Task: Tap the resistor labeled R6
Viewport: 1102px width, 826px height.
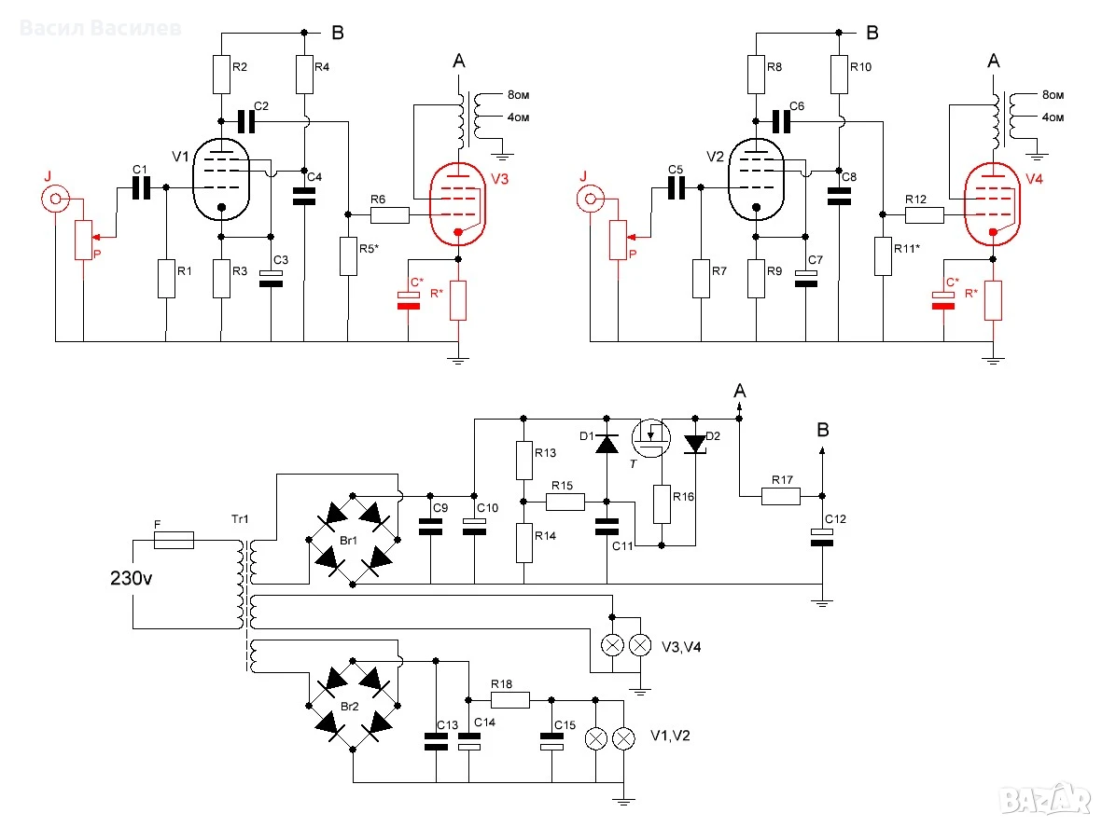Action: pyautogui.click(x=389, y=215)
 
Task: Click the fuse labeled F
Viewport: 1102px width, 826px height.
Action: pyautogui.click(x=174, y=540)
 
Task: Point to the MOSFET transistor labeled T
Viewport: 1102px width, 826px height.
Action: pyautogui.click(x=650, y=437)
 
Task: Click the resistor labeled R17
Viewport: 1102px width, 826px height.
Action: pyautogui.click(x=781, y=497)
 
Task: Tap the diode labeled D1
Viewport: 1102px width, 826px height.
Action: pyautogui.click(x=607, y=443)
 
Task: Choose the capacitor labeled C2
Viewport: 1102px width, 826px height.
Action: pyautogui.click(x=246, y=121)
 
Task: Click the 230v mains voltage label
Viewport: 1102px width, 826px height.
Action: pyautogui.click(x=132, y=578)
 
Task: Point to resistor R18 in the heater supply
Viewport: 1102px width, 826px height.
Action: pyautogui.click(x=510, y=700)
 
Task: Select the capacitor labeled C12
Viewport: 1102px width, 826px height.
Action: pyautogui.click(x=821, y=537)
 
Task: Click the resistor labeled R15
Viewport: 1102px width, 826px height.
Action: pyautogui.click(x=565, y=502)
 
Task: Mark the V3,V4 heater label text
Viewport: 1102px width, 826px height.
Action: pyautogui.click(x=681, y=647)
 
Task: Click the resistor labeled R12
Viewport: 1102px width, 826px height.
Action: pyautogui.click(x=924, y=215)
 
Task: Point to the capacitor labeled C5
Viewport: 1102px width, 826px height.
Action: pyautogui.click(x=677, y=187)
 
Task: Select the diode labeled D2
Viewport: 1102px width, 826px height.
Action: pyautogui.click(x=695, y=444)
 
